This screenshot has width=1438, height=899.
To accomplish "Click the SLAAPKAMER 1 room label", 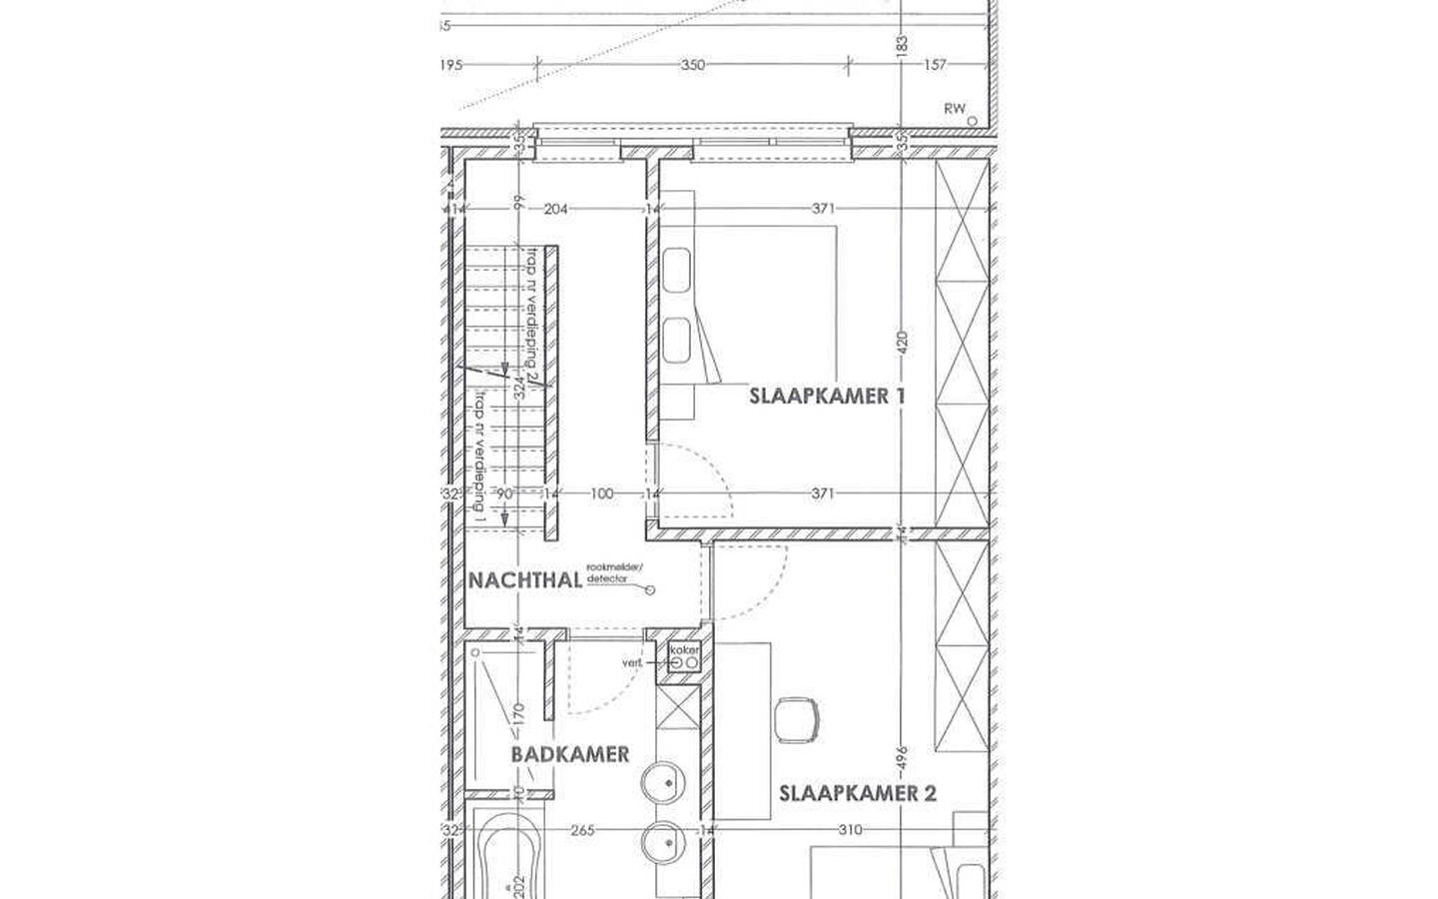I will (827, 396).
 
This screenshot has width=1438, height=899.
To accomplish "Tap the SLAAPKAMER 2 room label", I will (857, 794).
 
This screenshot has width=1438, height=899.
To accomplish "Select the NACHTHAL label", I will (525, 580).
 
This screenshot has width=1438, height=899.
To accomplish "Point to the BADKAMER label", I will (570, 754).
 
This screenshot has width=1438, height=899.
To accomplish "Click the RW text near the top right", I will (955, 108).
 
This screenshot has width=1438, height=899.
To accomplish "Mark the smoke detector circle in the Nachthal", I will (652, 590).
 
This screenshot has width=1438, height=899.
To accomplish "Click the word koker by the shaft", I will (684, 651).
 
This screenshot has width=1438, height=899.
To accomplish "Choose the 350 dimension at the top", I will (692, 65).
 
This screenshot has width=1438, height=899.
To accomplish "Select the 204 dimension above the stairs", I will (555, 209).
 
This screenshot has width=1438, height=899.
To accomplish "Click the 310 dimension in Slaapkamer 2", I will (851, 830).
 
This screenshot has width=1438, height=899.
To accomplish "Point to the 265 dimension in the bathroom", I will (582, 830).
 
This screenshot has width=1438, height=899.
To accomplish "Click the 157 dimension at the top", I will (934, 65).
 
